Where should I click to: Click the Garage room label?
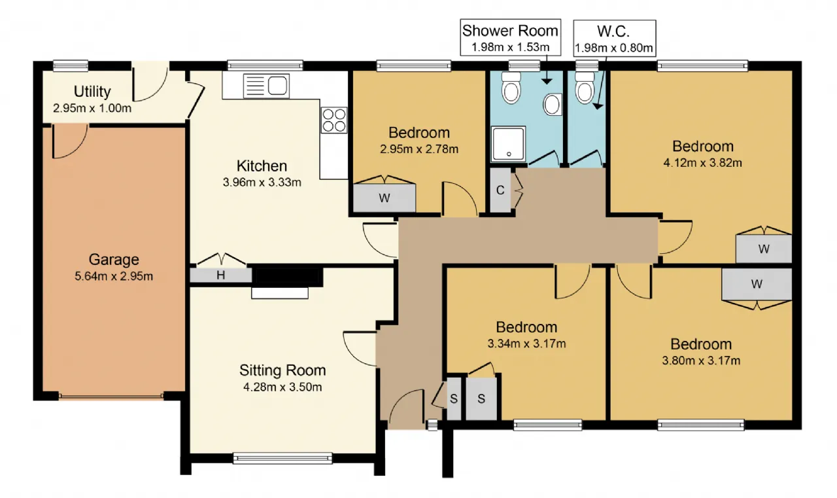[114, 259]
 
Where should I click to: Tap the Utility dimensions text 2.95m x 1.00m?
[92, 109]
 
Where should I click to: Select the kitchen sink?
[266, 86]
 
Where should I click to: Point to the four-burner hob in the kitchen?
[334, 120]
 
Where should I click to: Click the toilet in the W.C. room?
[585, 88]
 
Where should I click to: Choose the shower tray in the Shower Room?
[509, 144]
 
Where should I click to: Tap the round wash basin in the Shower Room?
[553, 104]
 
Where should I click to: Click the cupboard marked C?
[500, 190]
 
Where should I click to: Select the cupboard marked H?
[221, 276]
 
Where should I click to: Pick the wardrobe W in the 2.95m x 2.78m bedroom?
[384, 198]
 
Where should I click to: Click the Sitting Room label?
[282, 370]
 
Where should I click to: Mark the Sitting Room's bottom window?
[282, 458]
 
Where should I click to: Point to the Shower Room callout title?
[510, 31]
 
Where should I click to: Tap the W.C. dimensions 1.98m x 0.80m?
[614, 48]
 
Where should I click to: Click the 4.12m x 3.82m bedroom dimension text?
[702, 163]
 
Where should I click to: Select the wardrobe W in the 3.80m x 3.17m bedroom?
[757, 284]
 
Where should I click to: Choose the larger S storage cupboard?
[481, 399]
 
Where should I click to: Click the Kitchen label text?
[262, 166]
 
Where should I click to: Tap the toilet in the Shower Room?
[511, 88]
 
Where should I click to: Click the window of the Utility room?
[71, 66]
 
